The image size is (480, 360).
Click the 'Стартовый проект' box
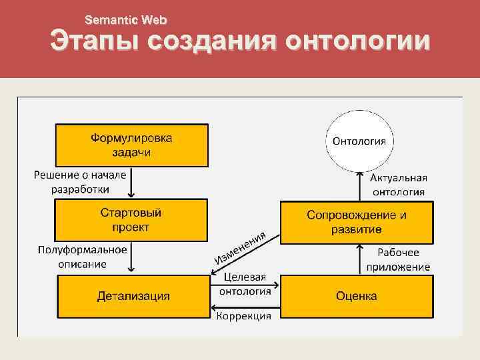click(131, 221)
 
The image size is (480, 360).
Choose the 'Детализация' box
click(133, 295)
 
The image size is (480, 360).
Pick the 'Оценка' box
click(357, 295)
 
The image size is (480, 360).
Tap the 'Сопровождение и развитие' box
click(357, 222)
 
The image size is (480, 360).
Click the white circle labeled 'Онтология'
click(359, 141)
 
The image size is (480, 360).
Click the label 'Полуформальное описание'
click(82, 257)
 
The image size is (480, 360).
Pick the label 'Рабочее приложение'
click(398, 259)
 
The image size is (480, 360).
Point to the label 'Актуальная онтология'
click(399, 185)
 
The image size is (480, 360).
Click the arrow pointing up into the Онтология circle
click(359, 185)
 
